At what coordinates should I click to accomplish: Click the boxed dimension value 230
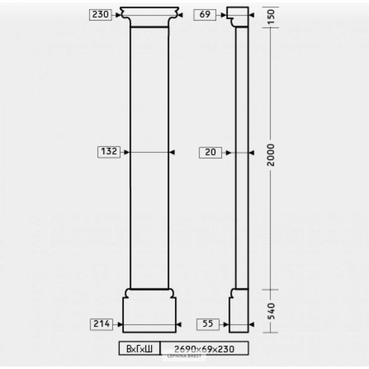coord(100,15)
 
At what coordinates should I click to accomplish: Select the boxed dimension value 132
coord(109,152)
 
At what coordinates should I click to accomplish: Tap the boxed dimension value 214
coord(101,324)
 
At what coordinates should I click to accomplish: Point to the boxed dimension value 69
coord(205,15)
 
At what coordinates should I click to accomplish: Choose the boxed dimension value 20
coord(210,153)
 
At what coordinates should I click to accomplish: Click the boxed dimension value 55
coord(208,324)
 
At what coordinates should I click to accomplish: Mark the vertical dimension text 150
coord(271,17)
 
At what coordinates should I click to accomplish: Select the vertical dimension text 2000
coord(271,155)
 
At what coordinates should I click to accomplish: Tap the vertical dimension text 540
coord(271,311)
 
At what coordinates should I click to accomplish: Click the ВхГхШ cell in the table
coord(139,348)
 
